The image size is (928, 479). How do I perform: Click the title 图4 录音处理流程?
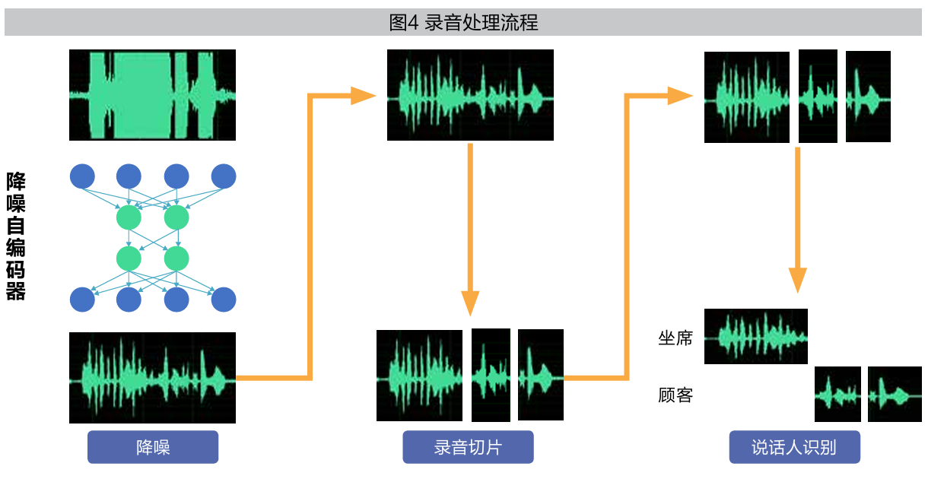coord(463,23)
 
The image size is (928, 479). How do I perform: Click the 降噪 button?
coord(153,447)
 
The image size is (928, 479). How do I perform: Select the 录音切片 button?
coord(468,447)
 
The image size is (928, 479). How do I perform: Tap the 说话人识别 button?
coord(794,447)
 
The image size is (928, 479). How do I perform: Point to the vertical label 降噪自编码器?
coord(16,236)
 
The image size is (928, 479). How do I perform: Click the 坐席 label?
coord(675,338)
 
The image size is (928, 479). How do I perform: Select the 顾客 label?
coord(675,395)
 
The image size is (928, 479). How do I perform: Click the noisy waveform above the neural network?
coord(152,95)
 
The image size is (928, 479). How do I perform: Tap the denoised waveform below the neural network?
coord(152,378)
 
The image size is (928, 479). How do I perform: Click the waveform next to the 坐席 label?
coord(756,336)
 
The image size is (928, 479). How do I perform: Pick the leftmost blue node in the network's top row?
coord(82,176)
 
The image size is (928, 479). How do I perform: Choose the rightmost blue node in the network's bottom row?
coord(224,300)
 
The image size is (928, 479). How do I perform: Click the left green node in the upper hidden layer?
coord(129,218)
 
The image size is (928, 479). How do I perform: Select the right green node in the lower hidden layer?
coord(176,259)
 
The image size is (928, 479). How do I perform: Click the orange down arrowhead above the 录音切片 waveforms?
coord(471,303)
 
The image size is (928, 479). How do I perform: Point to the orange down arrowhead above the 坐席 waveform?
coord(796,279)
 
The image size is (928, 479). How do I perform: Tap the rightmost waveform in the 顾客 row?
coord(895,394)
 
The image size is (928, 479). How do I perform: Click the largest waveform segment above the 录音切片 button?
coord(419,376)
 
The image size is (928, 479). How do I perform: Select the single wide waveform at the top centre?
coord(470,95)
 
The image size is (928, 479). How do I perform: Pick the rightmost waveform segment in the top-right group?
coord(868,97)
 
